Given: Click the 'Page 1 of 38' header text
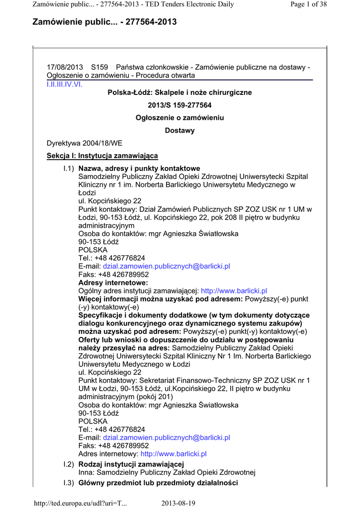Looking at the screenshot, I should [309, 4].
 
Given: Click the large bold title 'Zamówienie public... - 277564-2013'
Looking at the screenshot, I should [104, 22].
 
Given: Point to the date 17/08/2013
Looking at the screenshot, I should [65, 67].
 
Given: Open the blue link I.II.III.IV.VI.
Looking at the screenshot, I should [65, 84].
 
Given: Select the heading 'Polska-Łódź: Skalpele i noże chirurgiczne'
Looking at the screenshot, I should [180, 92].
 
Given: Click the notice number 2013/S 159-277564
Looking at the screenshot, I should [180, 105].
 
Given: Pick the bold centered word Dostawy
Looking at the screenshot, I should [180, 131].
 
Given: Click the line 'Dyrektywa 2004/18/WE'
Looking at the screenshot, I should [84, 143].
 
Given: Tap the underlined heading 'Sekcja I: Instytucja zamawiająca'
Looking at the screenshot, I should [102, 156].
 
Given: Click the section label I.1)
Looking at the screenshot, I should [69, 169].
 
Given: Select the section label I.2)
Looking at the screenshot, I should [69, 464].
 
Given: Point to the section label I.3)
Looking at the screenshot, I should [69, 483].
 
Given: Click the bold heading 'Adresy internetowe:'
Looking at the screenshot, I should [113, 282].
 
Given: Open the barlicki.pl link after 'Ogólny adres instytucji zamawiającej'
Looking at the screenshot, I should [234, 291].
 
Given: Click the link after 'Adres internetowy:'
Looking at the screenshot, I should [174, 454].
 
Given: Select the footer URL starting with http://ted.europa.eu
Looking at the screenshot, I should [80, 503].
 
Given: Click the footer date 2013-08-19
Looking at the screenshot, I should [179, 503].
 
